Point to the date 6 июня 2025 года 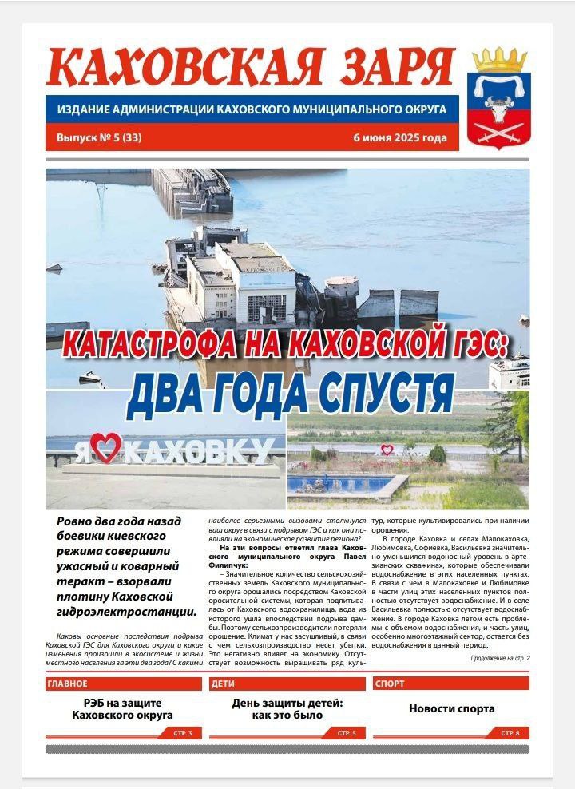[399, 137]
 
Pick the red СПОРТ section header [390, 684]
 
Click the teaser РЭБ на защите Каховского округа [123, 709]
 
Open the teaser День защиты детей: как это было [287, 709]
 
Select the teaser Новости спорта [451, 708]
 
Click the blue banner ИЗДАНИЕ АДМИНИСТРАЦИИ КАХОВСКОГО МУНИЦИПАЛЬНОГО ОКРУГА [252, 109]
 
